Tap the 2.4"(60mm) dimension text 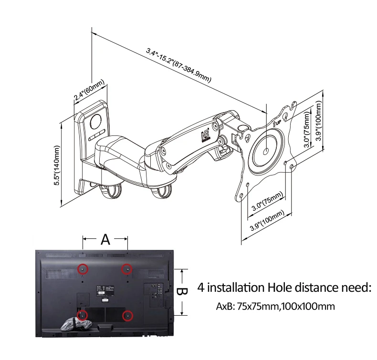click(x=89, y=92)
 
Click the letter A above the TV click(x=105, y=239)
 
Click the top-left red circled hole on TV click(x=83, y=269)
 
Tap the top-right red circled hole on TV click(x=126, y=269)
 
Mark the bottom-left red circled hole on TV click(x=83, y=315)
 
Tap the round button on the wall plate click(x=96, y=120)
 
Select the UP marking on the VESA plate click(x=277, y=122)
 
